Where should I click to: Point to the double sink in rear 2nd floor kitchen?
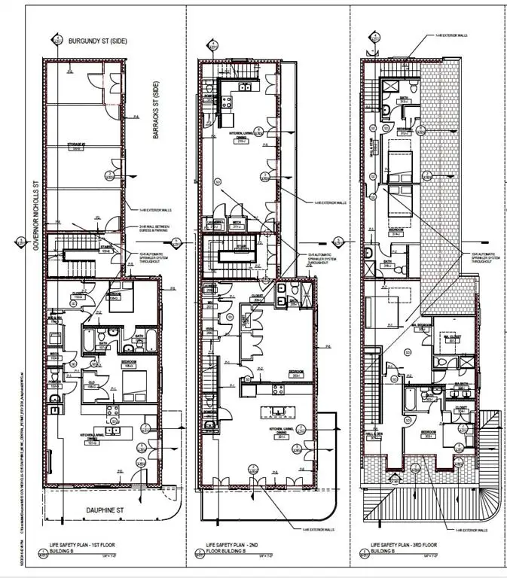(244, 87)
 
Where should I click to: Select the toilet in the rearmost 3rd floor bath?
(384, 111)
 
